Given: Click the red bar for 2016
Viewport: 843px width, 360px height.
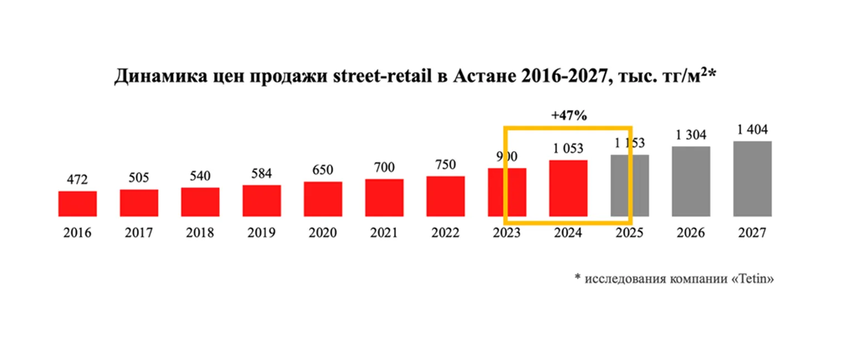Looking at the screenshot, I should pos(77,204).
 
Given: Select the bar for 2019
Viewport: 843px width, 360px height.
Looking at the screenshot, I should pos(262,200).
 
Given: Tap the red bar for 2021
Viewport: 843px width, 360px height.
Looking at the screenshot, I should pos(384,198).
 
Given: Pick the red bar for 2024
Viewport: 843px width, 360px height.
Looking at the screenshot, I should pos(568,188).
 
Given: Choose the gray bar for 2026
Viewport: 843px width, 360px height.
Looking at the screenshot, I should pos(691,181).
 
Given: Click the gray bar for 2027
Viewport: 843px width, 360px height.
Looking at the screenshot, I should pos(752,179).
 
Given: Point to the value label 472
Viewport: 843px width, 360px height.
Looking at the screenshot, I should pos(77,180).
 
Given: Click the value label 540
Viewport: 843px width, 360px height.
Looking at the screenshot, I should pos(200,176).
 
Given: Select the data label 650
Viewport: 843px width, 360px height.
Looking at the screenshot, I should pos(323,170).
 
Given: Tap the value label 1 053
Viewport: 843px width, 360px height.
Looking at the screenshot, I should pos(568,149).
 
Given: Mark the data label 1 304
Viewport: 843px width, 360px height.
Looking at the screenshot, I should pos(691,135).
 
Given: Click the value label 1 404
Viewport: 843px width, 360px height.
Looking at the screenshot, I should pos(752,130).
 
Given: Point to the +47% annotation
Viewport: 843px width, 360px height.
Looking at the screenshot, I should pos(569,116).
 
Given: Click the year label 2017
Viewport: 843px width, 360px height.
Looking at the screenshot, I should pos(139,233).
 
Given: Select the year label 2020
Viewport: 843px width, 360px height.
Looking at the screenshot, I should pos(323,233).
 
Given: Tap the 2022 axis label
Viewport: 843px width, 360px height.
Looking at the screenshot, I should pos(445,233).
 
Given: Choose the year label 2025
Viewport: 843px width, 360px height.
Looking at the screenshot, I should pos(629,233).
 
